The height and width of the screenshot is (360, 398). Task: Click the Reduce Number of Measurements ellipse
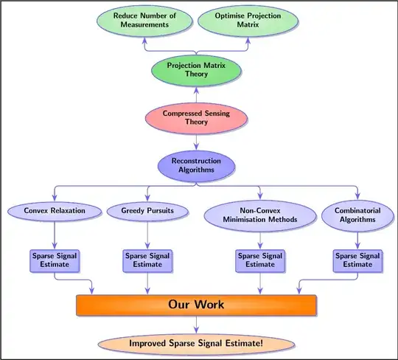tap(145, 20)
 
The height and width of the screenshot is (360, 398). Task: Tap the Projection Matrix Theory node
tap(196, 70)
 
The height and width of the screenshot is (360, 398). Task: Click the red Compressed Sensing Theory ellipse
tap(196, 118)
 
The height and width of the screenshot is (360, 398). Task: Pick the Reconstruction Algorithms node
tap(196, 165)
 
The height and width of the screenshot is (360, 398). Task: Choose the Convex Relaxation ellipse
tap(55, 212)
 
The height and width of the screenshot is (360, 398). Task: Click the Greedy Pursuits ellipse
tap(147, 212)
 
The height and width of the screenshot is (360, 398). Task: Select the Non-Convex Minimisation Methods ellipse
tap(259, 214)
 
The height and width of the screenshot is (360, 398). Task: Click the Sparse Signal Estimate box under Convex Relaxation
tap(55, 260)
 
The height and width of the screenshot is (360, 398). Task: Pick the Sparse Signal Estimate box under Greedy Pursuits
tap(147, 260)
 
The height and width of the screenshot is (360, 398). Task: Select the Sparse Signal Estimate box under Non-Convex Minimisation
tap(259, 260)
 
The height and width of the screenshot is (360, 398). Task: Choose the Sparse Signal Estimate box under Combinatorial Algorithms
tap(357, 260)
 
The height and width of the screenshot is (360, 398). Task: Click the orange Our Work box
tap(196, 305)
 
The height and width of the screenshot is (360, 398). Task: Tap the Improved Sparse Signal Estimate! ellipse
tap(196, 344)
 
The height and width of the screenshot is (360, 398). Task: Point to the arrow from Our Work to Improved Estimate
tap(196, 325)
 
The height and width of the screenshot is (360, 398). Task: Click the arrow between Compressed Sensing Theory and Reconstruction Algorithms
tap(196, 142)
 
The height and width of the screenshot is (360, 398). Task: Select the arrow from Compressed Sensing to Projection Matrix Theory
tap(196, 94)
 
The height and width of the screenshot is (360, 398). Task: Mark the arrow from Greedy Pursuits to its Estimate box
tap(147, 235)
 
